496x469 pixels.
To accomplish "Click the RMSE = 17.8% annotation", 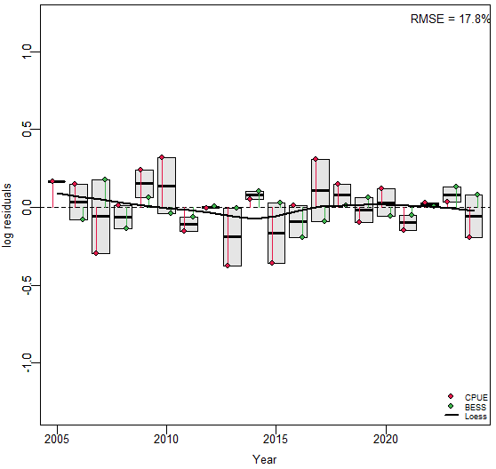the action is pos(450,19).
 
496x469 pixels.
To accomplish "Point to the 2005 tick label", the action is pos(57,439).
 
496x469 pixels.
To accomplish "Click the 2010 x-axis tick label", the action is pos(166,439).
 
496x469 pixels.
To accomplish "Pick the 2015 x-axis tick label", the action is pos(276,439).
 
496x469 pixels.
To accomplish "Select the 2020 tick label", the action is pos(386,439).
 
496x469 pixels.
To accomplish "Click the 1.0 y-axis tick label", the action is pos(27,52).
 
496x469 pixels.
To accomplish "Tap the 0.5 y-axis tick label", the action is pos(27,130).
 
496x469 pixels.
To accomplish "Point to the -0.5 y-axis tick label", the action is pos(27,285).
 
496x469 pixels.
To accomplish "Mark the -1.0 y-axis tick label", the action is pos(27,362).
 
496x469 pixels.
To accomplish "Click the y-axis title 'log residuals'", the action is pos(7,216).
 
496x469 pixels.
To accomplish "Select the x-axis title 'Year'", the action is pos(265,459).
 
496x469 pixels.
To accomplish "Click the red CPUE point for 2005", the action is pos(52,181).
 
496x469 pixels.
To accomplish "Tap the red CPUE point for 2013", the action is pos(228,266).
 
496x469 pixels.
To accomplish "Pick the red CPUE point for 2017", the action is pos(316,159).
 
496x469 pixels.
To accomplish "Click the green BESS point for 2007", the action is pos(105,179).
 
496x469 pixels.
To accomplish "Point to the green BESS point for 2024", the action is pos(477,195).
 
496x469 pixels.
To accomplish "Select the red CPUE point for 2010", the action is pos(162,157).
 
